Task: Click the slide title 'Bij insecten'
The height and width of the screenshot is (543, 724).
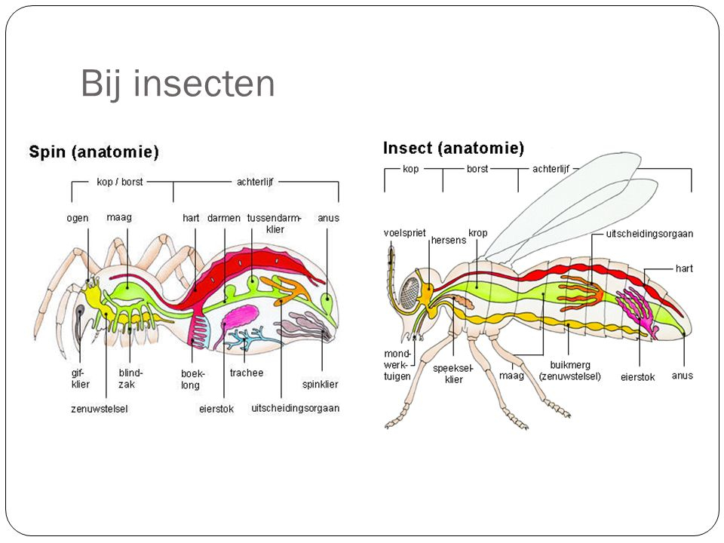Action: pos(177,84)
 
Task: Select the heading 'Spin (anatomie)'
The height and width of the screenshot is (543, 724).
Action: pos(94,152)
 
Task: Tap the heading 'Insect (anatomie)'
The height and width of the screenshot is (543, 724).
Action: pos(453,147)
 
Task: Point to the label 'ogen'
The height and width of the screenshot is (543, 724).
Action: pos(77,218)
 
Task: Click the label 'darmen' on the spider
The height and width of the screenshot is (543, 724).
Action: pos(224,218)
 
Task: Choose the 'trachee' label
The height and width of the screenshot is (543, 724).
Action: pos(247,373)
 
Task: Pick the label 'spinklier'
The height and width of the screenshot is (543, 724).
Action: pos(320,384)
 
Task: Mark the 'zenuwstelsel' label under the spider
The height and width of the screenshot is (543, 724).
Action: pos(96,409)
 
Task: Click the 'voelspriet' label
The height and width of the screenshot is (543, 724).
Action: pos(405,234)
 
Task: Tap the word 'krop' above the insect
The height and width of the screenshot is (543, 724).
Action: pos(477,233)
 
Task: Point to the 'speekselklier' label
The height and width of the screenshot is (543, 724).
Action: pos(454,374)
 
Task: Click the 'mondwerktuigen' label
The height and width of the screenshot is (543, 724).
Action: pos(398,364)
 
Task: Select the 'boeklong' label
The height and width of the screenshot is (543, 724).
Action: pos(192,379)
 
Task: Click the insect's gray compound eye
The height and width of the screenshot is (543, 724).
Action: pos(412,290)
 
